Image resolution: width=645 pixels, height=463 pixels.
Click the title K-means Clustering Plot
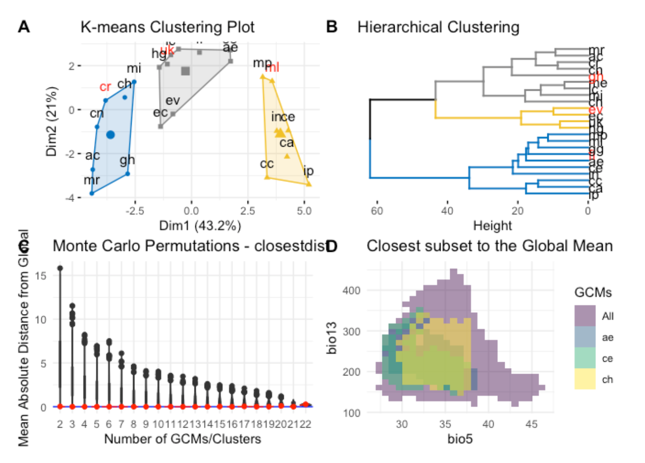click(167, 27)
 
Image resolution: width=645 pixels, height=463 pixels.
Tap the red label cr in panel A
click(105, 87)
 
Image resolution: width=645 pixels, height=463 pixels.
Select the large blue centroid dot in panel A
click(110, 134)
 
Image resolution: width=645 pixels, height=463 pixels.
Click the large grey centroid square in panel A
click(185, 71)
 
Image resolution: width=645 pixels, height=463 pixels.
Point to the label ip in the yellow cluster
click(308, 171)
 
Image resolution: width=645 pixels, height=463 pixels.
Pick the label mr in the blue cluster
click(91, 180)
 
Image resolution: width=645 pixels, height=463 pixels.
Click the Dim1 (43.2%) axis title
click(200, 226)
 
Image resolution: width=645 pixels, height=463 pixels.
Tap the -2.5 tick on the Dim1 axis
click(134, 211)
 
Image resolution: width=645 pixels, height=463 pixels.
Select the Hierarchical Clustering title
click(438, 27)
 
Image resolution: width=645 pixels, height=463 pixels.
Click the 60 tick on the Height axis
click(377, 211)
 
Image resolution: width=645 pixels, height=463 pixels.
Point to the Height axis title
click(492, 226)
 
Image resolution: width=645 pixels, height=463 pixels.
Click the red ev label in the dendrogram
click(595, 110)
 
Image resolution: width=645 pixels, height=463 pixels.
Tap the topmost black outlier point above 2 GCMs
click(60, 268)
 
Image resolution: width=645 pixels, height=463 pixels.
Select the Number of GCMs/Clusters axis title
click(183, 439)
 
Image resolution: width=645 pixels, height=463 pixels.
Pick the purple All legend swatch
click(585, 316)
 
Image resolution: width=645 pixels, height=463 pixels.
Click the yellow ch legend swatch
click(585, 379)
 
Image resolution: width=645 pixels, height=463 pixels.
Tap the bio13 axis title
click(332, 338)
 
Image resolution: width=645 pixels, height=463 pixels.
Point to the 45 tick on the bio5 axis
click(531, 424)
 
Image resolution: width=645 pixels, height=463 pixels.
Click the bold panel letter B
click(332, 27)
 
